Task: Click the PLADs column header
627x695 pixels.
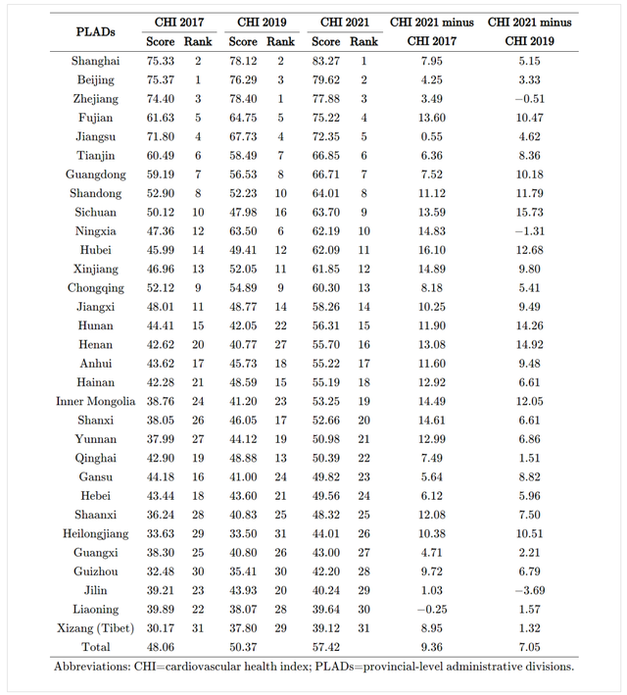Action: click(96, 31)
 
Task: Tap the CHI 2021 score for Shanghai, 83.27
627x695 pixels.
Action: click(326, 61)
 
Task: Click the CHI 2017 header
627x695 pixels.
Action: click(179, 22)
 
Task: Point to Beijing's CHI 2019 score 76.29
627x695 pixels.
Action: click(244, 79)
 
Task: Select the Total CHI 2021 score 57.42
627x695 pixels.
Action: click(326, 647)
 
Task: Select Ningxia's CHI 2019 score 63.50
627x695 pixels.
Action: click(244, 231)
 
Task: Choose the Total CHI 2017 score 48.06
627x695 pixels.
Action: click(162, 647)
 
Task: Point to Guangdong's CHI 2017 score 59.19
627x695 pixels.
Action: click(162, 174)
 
